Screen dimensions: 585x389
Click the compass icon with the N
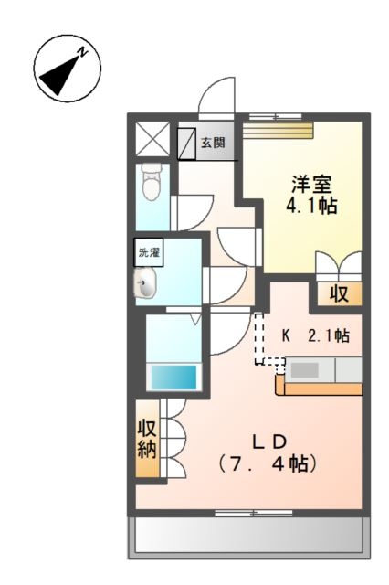coord(66,69)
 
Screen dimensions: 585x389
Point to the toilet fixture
coord(152,186)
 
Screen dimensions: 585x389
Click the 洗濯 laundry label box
coord(148,250)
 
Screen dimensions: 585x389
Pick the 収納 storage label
coord(147,439)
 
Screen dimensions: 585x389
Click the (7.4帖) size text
coord(267,463)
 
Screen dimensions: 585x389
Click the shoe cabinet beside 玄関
coord(186,142)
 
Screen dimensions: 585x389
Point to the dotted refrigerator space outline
coord(268,339)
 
